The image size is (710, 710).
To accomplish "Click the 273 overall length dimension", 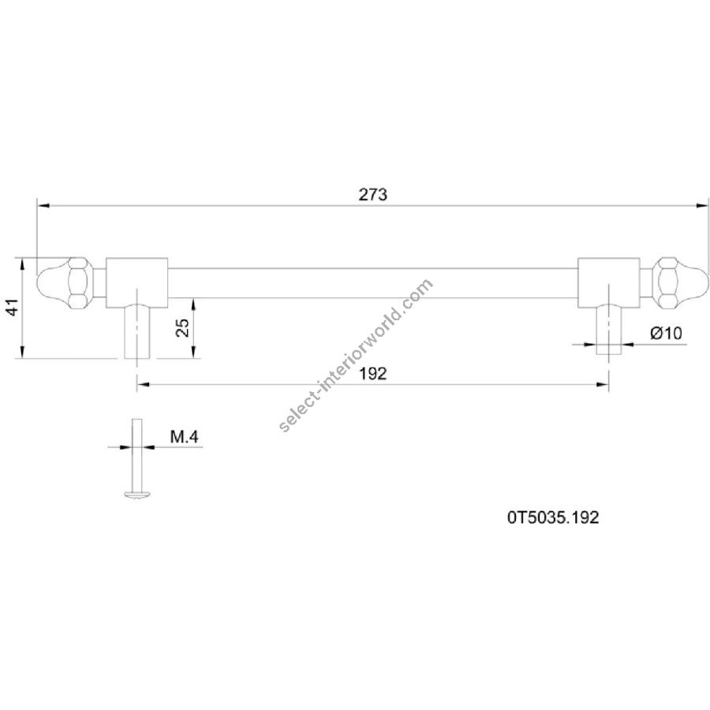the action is (373, 195).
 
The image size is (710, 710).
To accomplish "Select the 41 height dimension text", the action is (13, 307).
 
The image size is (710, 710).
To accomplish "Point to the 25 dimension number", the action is (182, 327).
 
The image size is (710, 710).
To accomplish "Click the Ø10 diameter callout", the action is (666, 333).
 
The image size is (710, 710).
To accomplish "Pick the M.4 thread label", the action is (185, 437).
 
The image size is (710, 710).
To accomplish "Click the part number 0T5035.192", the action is (553, 518).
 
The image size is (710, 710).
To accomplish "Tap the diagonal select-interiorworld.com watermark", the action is (357, 356).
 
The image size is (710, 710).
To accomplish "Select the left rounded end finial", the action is (53, 283).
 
